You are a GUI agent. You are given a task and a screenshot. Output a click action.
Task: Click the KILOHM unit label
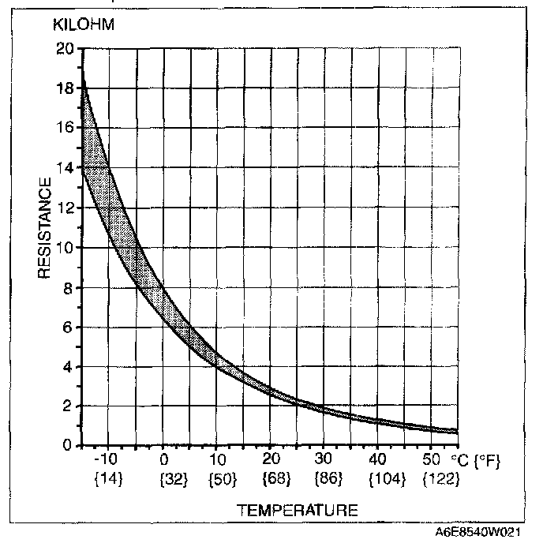pos(84,25)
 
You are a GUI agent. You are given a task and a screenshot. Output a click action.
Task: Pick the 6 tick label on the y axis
pos(69,327)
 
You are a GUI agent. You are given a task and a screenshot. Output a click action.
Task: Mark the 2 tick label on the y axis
pos(69,406)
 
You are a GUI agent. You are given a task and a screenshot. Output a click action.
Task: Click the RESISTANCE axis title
pos(45,227)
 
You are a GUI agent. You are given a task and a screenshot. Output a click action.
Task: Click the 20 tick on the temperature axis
pos(271,460)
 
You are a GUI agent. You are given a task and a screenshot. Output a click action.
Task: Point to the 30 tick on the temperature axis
pos(324,460)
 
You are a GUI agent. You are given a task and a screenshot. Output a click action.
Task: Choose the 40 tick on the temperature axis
pos(378,460)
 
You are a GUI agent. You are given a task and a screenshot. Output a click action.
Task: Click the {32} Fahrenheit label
pos(163,479)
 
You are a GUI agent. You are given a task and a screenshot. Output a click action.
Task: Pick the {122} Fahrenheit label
pos(436,479)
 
